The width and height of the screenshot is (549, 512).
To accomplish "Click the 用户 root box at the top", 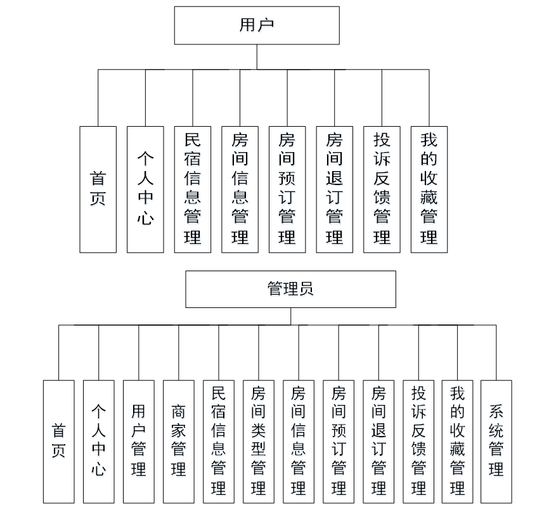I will (x=257, y=25).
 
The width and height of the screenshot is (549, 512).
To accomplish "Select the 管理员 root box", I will (x=290, y=290).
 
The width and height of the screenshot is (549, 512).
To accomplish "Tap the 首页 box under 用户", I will (x=98, y=189).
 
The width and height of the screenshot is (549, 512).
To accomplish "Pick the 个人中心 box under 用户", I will (x=145, y=189).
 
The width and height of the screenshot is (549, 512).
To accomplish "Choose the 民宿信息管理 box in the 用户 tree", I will (x=193, y=189).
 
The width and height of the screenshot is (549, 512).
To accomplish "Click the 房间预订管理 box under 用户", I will (x=287, y=189).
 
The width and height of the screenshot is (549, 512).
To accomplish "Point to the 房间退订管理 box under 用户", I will (x=335, y=189).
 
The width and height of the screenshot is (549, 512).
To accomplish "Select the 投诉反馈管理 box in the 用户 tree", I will (x=382, y=189).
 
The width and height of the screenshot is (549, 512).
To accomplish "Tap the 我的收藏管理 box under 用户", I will (x=429, y=189).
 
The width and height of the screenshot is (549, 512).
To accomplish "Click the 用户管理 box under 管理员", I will (x=139, y=441).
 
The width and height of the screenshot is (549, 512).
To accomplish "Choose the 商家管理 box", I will (x=179, y=441).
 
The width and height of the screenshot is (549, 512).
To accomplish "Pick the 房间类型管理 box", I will (x=259, y=441).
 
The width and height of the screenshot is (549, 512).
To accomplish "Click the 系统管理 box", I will (x=496, y=441).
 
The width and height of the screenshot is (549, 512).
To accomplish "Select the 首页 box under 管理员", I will (x=59, y=441).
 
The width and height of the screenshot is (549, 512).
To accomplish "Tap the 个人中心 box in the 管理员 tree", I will (x=99, y=441).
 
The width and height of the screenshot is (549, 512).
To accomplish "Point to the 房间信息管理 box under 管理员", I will (x=299, y=441).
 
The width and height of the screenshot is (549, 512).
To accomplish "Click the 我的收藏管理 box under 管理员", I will (x=458, y=441).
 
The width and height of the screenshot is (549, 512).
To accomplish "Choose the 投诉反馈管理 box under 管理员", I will (x=418, y=441).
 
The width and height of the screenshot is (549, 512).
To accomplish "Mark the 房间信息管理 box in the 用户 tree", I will (x=240, y=189).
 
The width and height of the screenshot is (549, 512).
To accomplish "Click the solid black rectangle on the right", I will (x=518, y=130).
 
